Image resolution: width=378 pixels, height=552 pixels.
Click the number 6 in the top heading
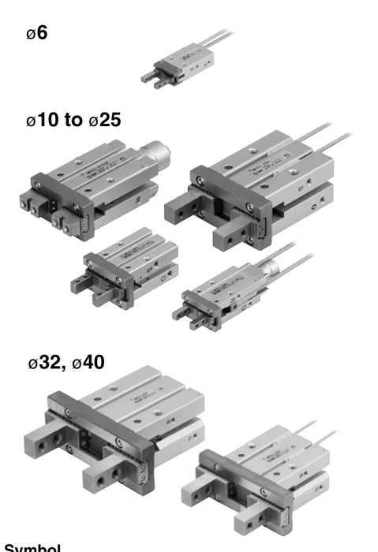43,34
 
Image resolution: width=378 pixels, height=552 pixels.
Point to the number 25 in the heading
110,122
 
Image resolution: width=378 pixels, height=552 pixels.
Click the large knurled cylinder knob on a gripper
156,151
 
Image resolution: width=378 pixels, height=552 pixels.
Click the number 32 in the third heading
51,364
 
